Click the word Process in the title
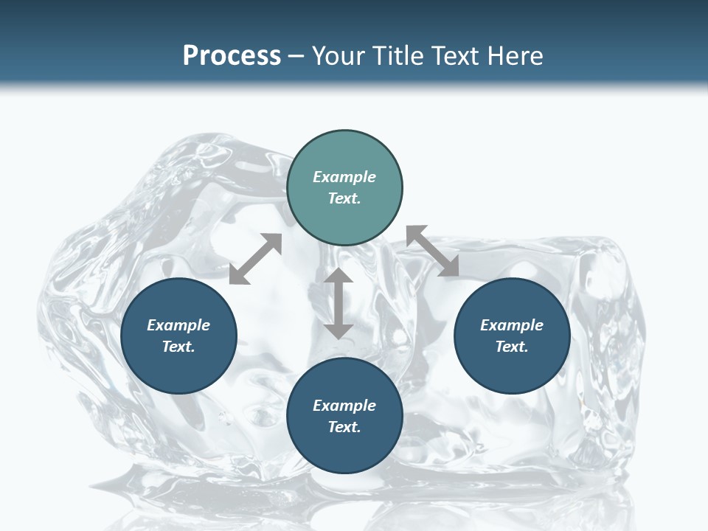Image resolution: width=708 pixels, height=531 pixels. click(x=232, y=56)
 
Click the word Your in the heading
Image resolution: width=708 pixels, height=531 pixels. click(x=338, y=56)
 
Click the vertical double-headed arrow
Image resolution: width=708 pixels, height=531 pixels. click(x=339, y=303)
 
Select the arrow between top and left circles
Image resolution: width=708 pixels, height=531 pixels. click(x=255, y=259)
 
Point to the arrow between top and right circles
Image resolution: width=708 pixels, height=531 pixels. click(x=432, y=251)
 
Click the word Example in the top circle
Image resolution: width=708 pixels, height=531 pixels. click(x=344, y=177)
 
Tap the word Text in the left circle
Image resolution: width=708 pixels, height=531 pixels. click(x=178, y=347)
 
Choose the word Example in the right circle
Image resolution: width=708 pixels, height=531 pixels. click(x=512, y=325)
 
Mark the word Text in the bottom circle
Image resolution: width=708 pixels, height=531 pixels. click(x=344, y=427)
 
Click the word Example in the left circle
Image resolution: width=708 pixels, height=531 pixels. click(x=178, y=325)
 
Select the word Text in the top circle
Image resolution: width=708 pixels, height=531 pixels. click(x=344, y=198)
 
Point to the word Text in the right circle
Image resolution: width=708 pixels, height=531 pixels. click(x=512, y=347)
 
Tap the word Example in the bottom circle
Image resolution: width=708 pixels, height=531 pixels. click(x=344, y=406)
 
